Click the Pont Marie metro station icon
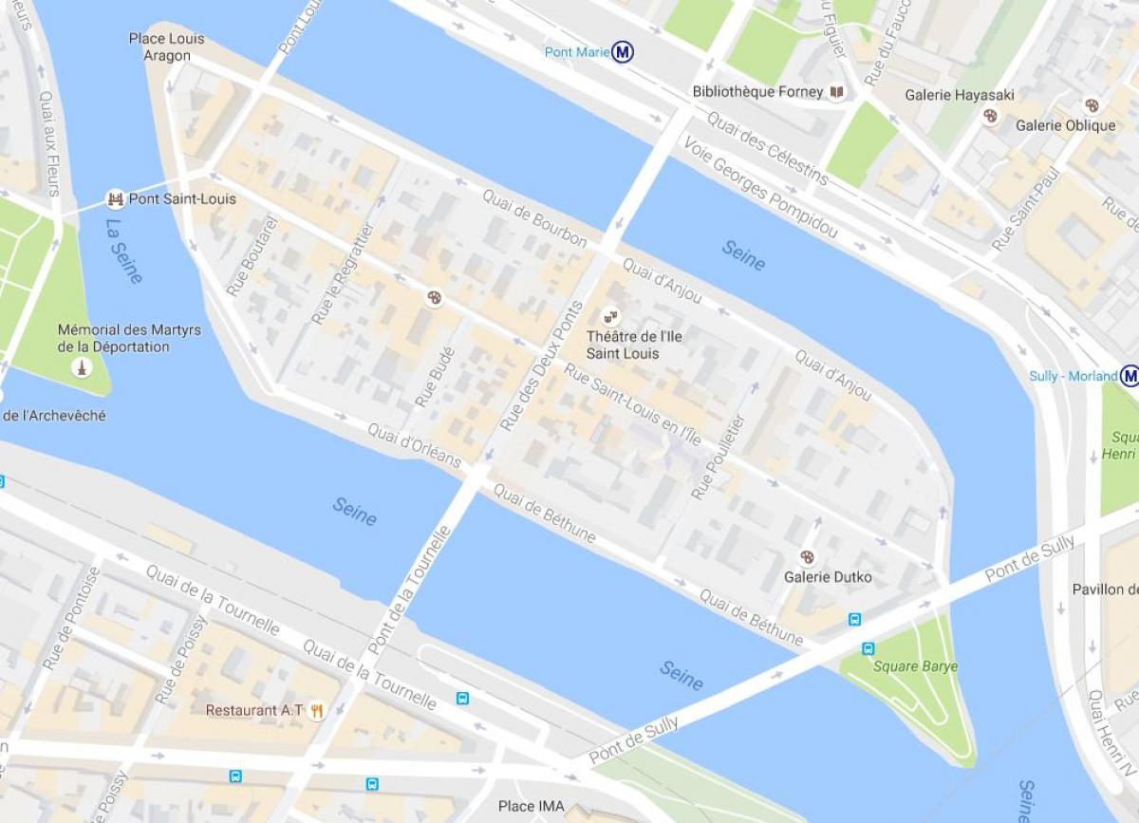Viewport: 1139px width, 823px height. point(623,52)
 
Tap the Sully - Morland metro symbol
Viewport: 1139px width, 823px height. point(1129,376)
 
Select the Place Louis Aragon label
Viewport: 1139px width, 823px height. point(167,47)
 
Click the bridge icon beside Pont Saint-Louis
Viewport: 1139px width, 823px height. point(116,199)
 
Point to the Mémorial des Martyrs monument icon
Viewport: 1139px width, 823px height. point(83,367)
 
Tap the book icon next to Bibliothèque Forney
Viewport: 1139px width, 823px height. point(836,92)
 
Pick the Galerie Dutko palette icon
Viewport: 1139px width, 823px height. point(808,556)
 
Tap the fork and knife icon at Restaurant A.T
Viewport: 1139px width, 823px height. point(317,710)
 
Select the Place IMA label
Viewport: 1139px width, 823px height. point(531,807)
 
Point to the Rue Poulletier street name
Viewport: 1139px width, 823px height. point(719,457)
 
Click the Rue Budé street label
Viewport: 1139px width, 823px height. point(435,377)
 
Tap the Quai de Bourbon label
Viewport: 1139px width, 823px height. point(533,218)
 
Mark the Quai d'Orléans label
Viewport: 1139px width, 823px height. point(414,445)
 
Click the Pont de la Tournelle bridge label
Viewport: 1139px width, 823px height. point(408,590)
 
